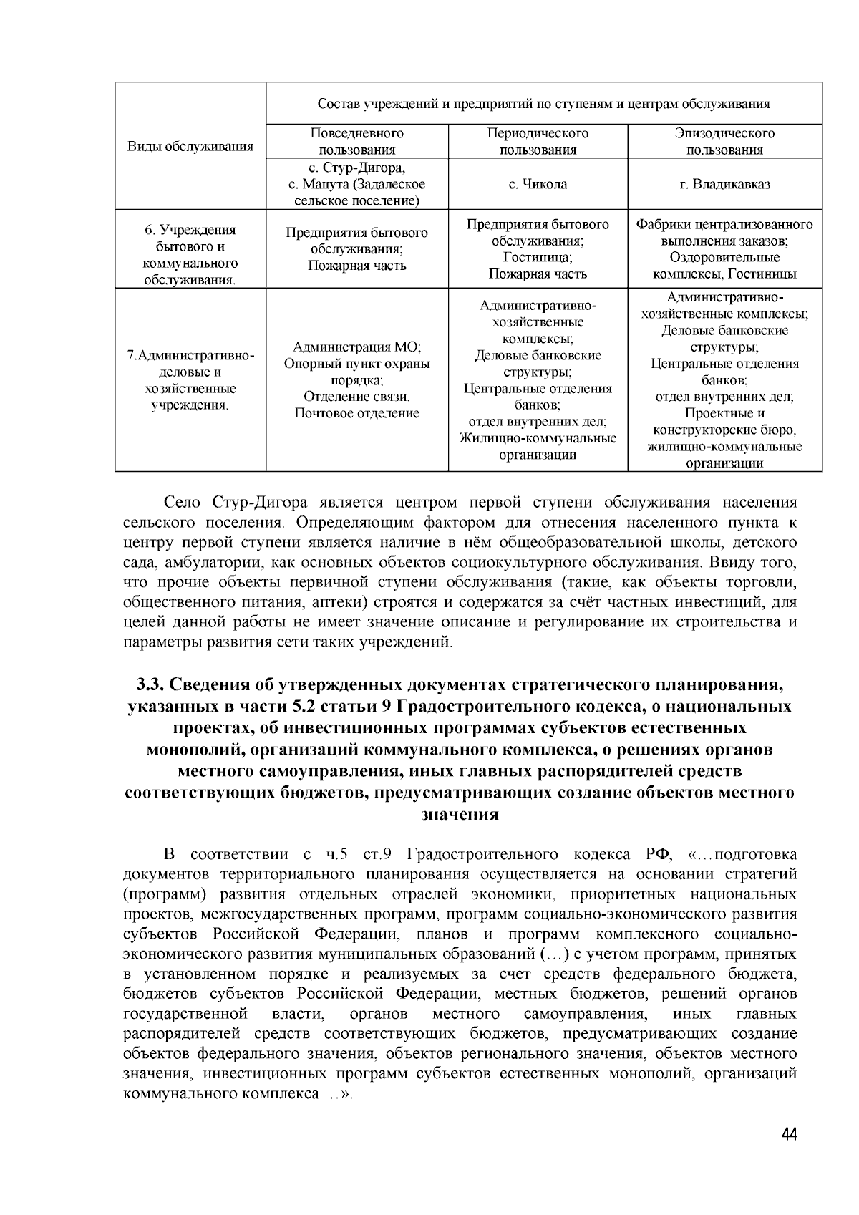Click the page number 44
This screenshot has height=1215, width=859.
click(790, 1135)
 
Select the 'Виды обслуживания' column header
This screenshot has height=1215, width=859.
click(190, 147)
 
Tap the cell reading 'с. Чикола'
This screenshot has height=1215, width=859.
click(538, 184)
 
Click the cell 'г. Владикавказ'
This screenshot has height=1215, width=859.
click(724, 184)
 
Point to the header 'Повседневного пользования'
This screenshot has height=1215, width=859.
click(356, 141)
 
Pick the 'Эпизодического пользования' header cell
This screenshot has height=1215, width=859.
click(724, 141)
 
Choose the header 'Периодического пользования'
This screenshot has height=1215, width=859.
click(538, 141)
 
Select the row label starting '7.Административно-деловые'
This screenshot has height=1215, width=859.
click(190, 380)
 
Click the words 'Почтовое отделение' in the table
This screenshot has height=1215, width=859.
click(356, 413)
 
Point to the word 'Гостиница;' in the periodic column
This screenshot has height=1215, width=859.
click(538, 257)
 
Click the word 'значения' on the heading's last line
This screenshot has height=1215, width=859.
click(459, 815)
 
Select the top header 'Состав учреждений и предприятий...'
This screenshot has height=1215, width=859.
click(543, 103)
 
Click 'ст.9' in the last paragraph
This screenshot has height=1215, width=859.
click(376, 854)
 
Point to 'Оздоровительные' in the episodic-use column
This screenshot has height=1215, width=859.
click(724, 257)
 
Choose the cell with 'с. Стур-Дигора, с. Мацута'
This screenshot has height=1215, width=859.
click(356, 184)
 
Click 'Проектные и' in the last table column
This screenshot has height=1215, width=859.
click(724, 413)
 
